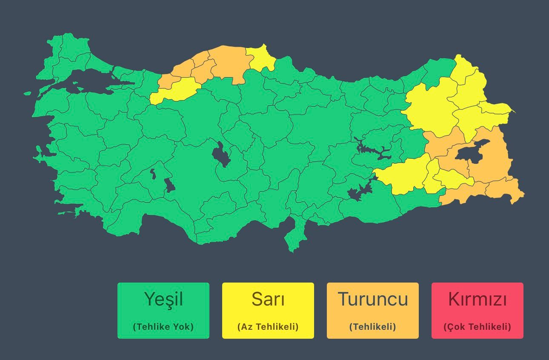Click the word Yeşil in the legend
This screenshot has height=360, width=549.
click(163, 299)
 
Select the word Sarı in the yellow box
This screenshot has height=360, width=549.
click(268, 299)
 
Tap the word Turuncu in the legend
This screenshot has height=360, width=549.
click(372, 299)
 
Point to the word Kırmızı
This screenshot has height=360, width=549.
click(477, 299)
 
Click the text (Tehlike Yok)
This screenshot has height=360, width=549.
click(163, 327)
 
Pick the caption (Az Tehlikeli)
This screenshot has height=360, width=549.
click(268, 327)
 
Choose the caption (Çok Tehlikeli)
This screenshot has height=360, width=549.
click(477, 327)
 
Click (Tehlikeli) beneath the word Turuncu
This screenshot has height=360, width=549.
click(372, 327)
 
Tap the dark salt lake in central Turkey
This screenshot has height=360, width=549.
click(220, 154)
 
